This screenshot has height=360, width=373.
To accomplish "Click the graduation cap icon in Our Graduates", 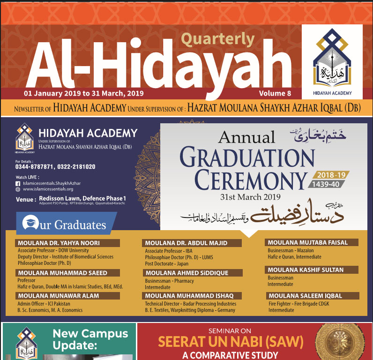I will [31, 223].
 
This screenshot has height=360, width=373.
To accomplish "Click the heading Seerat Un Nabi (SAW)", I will [231, 341].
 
